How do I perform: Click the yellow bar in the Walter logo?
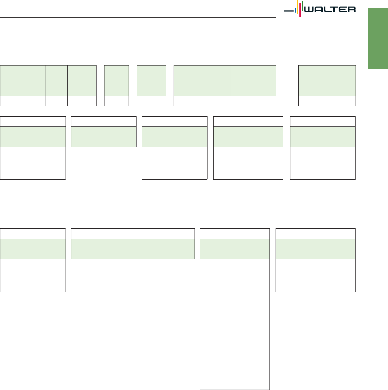coord(298,7)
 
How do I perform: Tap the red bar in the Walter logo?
coord(300,10)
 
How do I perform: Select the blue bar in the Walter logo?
coord(295,10)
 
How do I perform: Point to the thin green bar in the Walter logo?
coord(302,6)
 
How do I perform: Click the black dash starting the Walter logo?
coord(289,11)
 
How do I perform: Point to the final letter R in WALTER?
coord(352,9)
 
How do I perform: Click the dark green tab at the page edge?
coord(378,39)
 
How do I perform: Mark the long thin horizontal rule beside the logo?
coord(138,17)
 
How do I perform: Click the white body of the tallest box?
coord(235,324)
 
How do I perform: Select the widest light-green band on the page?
coord(133,249)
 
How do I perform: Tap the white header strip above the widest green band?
coord(133,234)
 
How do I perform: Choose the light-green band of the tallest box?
coord(235,249)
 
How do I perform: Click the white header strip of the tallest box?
coord(235,234)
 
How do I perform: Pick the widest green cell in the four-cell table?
coord(82,81)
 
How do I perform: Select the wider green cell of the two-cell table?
coord(202,81)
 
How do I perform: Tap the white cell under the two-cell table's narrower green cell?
coord(254,101)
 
